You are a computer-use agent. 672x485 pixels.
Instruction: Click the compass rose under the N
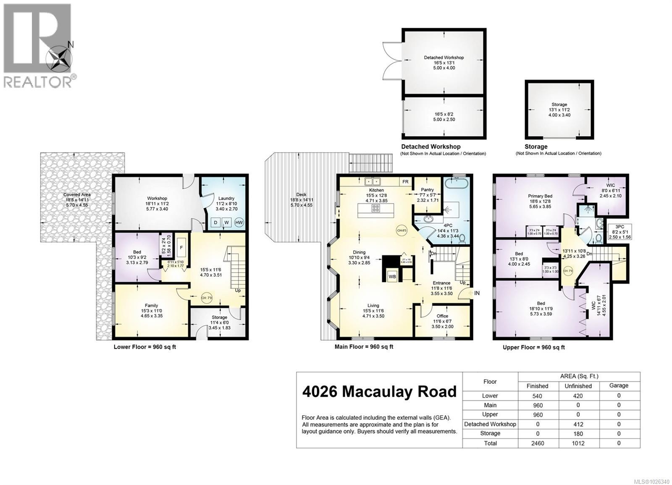pos(59,59)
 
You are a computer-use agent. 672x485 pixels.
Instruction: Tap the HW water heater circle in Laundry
pos(239,222)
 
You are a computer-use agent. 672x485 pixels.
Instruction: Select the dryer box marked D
pos(215,222)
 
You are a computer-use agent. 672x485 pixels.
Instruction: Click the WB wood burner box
pos(392,277)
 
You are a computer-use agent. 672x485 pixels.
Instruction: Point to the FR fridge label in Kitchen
pos(405,182)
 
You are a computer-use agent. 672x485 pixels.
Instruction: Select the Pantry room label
pos(427,190)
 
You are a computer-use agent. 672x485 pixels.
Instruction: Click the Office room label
pos(442,316)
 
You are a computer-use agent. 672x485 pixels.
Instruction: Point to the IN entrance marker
pos(477,293)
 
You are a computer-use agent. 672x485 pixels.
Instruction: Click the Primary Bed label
pos(540,196)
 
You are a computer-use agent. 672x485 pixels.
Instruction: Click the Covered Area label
pos(77,194)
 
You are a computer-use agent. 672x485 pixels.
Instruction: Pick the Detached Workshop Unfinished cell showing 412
pos(578,424)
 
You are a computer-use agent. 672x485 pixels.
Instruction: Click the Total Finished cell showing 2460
pos(537,443)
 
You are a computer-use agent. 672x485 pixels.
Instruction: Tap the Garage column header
pos(619,385)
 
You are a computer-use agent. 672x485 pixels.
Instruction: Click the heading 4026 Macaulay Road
pos(379,391)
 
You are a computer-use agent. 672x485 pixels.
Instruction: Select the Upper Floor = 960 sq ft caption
pos(533,347)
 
